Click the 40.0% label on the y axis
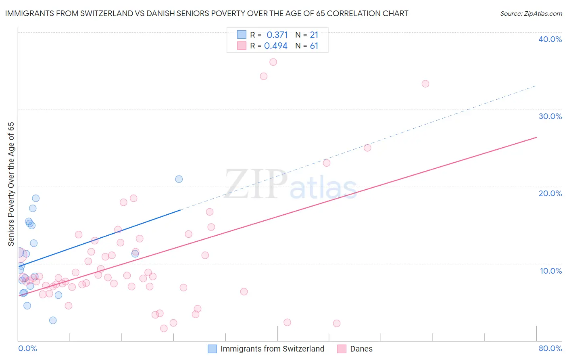point(550,39)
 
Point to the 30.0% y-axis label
point(550,116)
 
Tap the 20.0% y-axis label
point(550,193)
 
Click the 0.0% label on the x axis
point(27,348)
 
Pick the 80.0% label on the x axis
point(550,348)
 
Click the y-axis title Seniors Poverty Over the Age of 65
point(11,184)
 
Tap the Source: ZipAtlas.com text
point(531,14)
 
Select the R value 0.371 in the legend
point(277,35)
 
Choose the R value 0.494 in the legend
point(276,46)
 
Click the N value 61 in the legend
point(314,46)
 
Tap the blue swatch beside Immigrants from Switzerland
point(212,349)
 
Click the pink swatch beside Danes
point(342,349)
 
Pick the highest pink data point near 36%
point(273,62)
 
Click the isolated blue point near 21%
point(179,179)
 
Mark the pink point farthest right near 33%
point(425,84)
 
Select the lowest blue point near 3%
point(53,320)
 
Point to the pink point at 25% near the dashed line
point(367,148)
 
